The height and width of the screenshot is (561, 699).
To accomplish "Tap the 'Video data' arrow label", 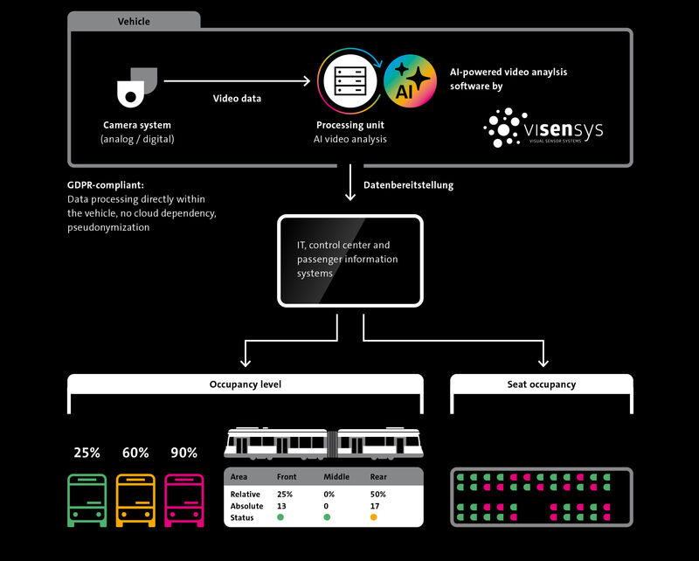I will click(x=237, y=98).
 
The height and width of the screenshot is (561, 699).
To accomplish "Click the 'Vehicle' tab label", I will click(x=133, y=20).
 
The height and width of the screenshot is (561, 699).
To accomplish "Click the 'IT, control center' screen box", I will click(x=349, y=260).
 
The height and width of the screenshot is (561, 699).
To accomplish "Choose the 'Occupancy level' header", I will click(x=246, y=384).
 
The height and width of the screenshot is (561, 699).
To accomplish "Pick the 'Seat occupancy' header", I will click(x=542, y=384).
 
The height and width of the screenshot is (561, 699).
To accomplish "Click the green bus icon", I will click(x=87, y=499).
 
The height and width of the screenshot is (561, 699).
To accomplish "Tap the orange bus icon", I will click(x=135, y=499).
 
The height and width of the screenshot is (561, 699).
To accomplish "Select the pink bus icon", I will click(x=184, y=499).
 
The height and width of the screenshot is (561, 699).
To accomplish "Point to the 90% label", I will click(x=184, y=453).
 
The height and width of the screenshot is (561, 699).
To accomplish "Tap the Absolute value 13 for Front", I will click(x=281, y=506).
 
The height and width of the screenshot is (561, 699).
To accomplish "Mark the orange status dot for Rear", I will click(x=373, y=517).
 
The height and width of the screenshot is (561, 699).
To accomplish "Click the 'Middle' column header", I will click(x=336, y=477).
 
